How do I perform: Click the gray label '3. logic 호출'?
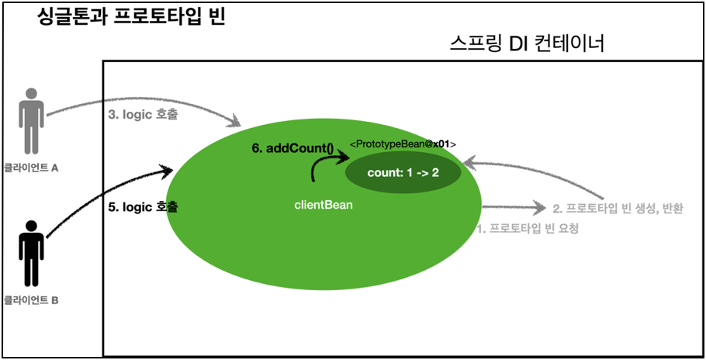(x=143, y=114)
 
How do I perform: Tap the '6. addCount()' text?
(x=292, y=148)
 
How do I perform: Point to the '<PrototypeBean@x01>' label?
(x=403, y=144)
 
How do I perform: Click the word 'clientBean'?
(x=324, y=206)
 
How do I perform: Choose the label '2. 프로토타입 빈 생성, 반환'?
(x=618, y=208)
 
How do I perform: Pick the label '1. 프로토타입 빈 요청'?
(x=527, y=229)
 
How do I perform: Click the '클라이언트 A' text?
(x=31, y=168)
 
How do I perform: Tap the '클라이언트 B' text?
(x=31, y=299)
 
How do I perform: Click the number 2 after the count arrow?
(x=435, y=172)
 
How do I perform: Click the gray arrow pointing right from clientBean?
(x=512, y=207)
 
